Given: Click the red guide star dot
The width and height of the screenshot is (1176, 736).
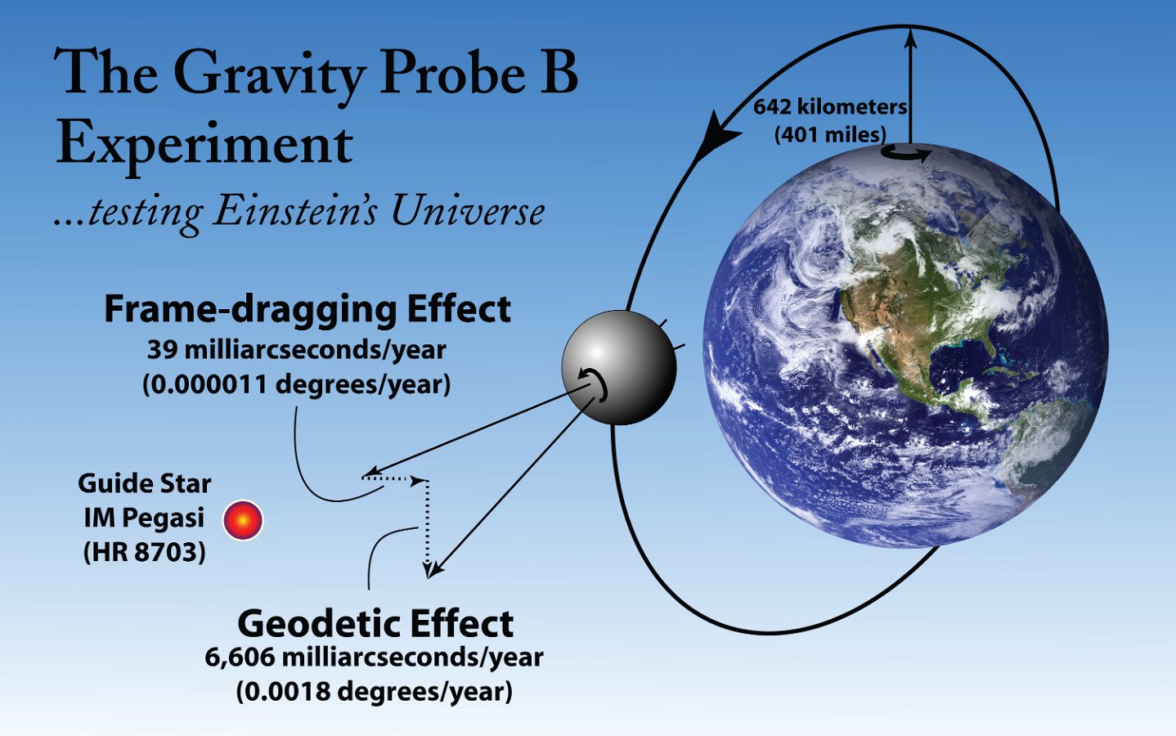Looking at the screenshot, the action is pos(243,520).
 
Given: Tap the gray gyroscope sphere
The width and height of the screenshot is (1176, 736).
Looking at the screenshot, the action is pos(619,367).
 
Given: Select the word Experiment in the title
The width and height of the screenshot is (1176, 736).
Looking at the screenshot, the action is pos(204,143).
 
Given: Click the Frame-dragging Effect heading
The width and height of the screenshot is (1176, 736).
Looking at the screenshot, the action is pos(307,310).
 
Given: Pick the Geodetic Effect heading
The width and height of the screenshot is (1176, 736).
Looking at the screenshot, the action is pos(375,624).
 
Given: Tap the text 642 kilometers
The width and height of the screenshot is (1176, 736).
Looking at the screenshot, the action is pos(830,107).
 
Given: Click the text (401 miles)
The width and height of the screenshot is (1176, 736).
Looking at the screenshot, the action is pos(830,135).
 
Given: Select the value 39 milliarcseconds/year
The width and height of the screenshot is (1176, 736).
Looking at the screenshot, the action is pos(297,350).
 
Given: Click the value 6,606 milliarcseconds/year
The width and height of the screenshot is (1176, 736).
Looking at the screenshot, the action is pos(374,657).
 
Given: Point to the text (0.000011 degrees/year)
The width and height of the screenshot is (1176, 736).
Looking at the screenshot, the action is pos(297,385).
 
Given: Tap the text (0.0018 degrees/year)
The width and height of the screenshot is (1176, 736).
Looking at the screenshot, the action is pos(374,692).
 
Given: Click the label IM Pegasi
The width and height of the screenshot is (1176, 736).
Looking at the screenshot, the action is pos(144,518).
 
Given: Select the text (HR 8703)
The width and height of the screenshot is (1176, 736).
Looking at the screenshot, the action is pos(144,552).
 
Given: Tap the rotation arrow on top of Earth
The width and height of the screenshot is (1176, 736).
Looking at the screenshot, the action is pos(907,153).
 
